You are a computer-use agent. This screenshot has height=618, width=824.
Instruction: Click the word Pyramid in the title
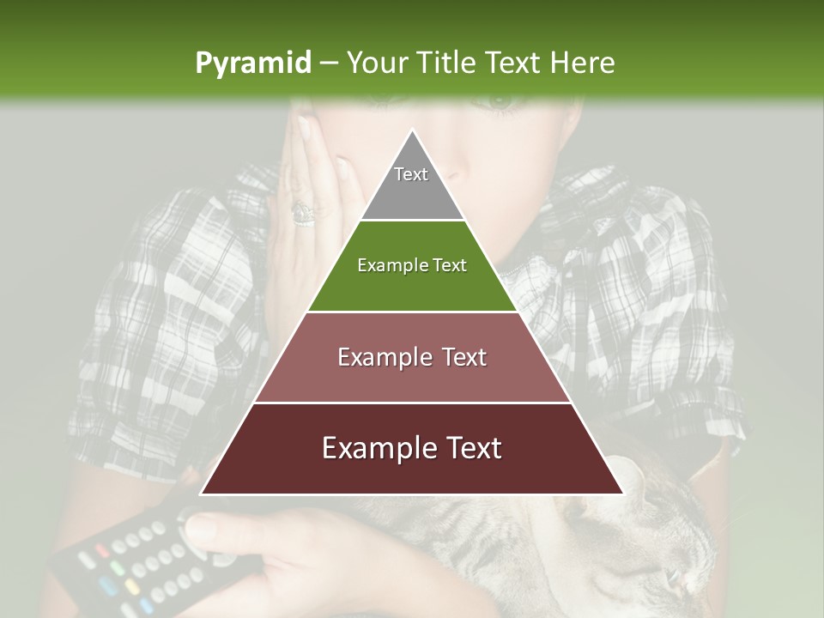coord(252,63)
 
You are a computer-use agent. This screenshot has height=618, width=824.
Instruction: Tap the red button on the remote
coord(104,549)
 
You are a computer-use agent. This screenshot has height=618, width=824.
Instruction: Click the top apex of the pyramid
coord(412,131)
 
